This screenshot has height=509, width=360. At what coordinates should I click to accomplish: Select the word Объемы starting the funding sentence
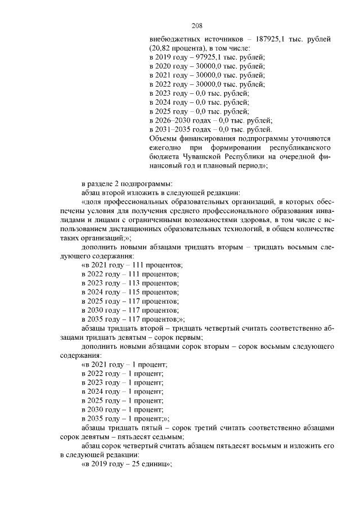164,138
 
